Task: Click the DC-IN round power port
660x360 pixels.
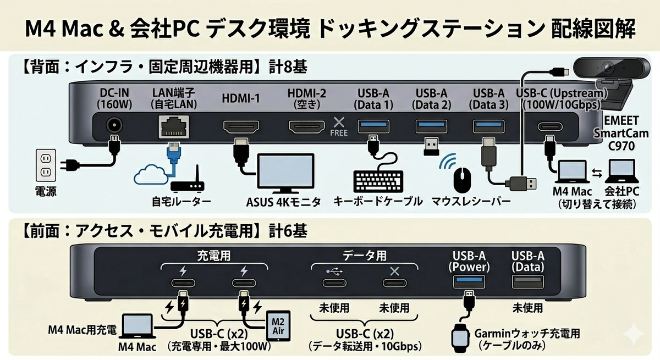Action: pos(114,126)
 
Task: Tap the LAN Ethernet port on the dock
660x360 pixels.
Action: pos(174,126)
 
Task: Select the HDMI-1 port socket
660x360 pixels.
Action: pos(241,126)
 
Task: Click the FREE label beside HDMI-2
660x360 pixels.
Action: pos(339,133)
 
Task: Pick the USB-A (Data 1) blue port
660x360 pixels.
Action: pos(373,126)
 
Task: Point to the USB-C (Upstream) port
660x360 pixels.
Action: pos(550,127)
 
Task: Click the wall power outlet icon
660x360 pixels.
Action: pos(46,165)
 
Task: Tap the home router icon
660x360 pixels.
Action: pos(188,180)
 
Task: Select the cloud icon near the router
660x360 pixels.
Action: pos(150,175)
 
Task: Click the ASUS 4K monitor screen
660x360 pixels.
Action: pos(286,170)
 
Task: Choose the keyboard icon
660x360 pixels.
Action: pos(378,181)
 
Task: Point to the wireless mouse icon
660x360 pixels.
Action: pos(463,180)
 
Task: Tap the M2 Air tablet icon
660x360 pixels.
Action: pos(278,326)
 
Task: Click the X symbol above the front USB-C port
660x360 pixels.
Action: pos(394,272)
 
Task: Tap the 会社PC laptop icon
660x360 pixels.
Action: pos(621,171)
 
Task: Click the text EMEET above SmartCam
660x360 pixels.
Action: pos(621,121)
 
